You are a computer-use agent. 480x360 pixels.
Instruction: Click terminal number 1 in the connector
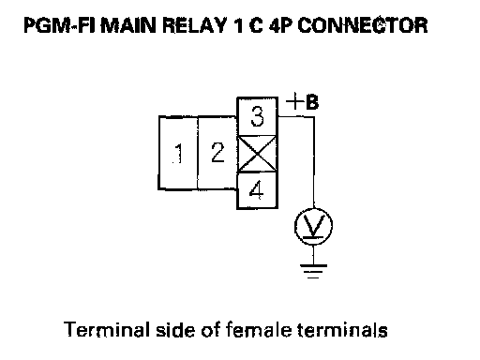coord(178,153)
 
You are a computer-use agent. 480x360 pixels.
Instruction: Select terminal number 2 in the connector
coord(217,153)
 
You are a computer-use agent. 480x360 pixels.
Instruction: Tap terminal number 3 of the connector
coord(257,116)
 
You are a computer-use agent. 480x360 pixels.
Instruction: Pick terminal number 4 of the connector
coord(257,190)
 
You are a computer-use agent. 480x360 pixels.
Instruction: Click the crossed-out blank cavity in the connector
coord(257,154)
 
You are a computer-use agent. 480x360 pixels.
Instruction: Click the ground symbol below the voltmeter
coord(313,271)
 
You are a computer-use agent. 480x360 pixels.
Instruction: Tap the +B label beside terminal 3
coord(302,101)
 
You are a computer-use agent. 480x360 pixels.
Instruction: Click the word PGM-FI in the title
coord(59,25)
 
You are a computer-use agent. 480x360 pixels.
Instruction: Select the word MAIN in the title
coord(128,25)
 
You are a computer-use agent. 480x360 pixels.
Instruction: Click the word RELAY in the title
coord(194,25)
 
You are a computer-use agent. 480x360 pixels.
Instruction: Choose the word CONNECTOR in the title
coord(363,25)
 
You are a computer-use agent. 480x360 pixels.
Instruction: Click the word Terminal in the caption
coord(106,329)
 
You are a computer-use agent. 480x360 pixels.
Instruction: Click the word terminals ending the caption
coord(343,329)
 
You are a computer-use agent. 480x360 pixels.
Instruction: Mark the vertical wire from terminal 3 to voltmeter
coord(314,162)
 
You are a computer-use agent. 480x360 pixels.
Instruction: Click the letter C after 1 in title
coord(256,25)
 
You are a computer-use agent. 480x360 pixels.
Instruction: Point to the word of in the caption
coord(211,329)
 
